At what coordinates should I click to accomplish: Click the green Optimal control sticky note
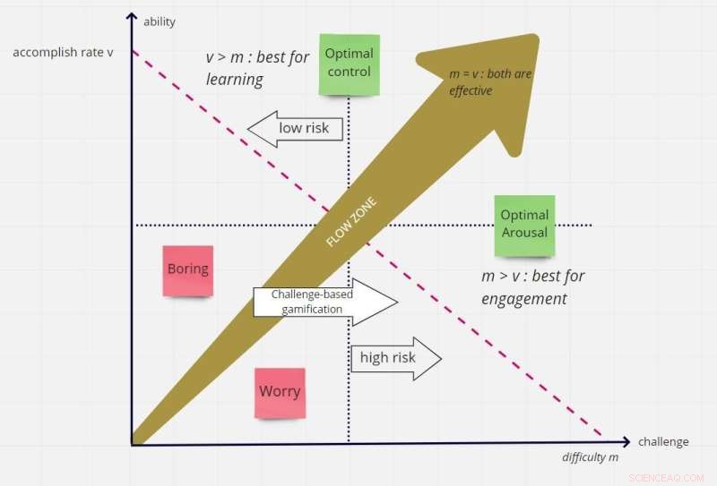[x=350, y=64]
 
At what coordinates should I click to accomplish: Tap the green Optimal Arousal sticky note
[x=524, y=225]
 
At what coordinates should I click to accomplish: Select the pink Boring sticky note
[x=187, y=269]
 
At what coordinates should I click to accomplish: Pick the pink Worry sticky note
[x=280, y=392]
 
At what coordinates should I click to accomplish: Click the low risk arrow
[x=297, y=129]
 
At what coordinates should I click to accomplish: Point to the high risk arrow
[x=395, y=358]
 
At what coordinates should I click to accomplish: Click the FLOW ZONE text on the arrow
[x=350, y=225]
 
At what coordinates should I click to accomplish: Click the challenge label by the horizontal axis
[x=663, y=441]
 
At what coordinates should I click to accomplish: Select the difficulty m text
[x=591, y=458]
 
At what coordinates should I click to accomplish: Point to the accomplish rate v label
[x=63, y=52]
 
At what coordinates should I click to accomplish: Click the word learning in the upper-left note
[x=234, y=80]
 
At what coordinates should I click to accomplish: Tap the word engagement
[x=524, y=299]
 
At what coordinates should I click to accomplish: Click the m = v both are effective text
[x=489, y=81]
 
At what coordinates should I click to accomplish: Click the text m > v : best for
[x=532, y=276]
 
